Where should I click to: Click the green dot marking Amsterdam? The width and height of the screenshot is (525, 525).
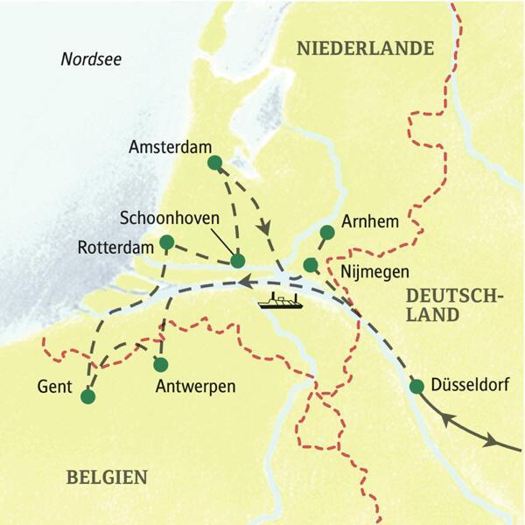[213, 162]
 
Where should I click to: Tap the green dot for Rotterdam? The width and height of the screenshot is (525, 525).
[166, 241]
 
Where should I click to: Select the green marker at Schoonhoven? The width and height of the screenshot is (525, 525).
[237, 260]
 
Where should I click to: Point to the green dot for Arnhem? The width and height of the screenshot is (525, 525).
[326, 232]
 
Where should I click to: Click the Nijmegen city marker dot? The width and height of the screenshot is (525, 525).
[310, 264]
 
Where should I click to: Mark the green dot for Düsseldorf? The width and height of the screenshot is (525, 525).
[416, 386]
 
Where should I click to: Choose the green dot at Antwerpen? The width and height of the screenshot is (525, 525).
[160, 364]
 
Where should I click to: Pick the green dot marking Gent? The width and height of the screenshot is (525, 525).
[87, 396]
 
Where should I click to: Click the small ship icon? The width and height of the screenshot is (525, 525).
[281, 303]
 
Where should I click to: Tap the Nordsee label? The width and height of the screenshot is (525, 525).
[91, 59]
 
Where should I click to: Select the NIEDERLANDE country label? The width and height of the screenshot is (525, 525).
[366, 48]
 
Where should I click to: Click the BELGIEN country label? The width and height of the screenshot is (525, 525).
[107, 477]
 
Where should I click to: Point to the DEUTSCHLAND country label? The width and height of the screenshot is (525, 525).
[454, 305]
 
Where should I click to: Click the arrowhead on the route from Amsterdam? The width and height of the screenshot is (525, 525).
[263, 228]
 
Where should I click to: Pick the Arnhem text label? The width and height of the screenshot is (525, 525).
[371, 222]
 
